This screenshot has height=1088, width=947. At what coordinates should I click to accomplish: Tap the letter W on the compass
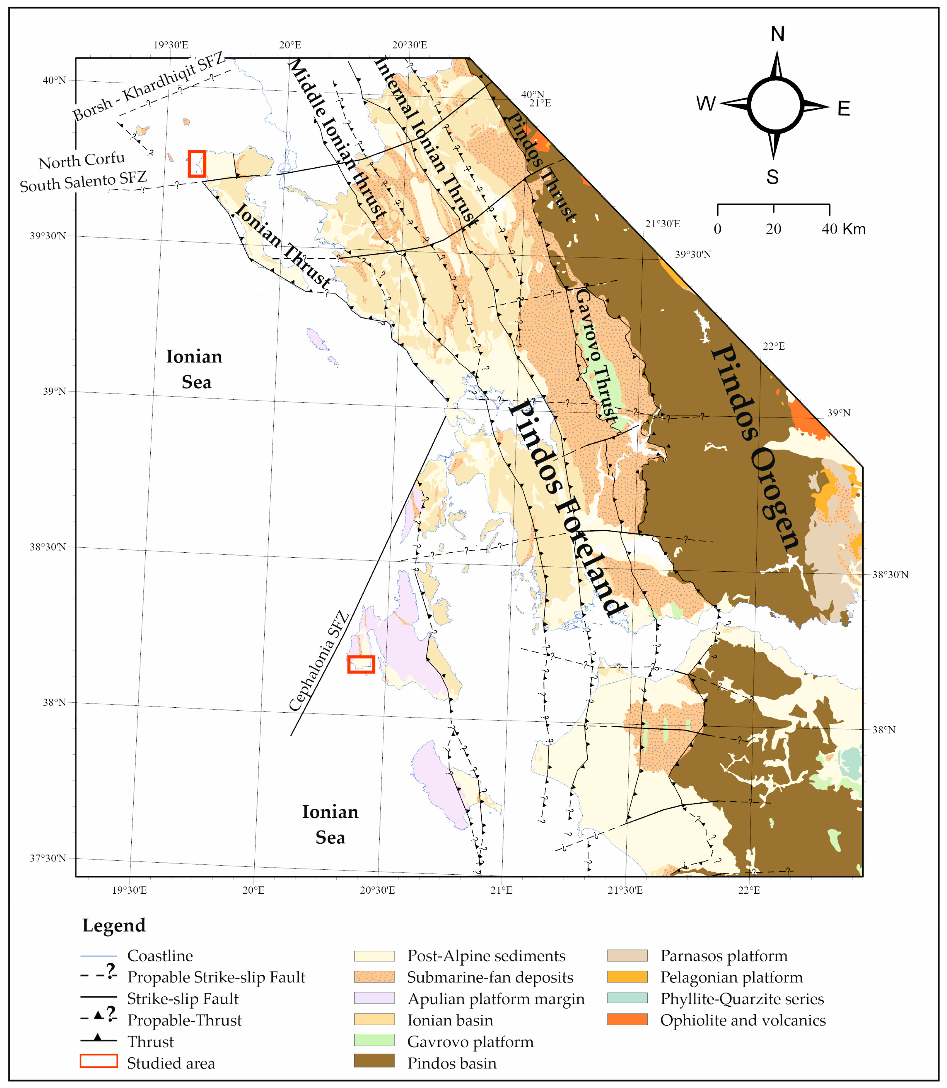click(705, 104)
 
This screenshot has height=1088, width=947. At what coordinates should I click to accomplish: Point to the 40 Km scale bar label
click(844, 229)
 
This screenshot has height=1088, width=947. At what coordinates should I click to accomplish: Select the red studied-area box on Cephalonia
click(361, 664)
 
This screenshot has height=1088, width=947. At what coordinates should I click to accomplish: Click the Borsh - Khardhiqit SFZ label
click(149, 87)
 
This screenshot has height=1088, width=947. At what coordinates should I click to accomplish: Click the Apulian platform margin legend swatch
click(374, 998)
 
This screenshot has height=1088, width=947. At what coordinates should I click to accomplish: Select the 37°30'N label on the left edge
click(48, 858)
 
